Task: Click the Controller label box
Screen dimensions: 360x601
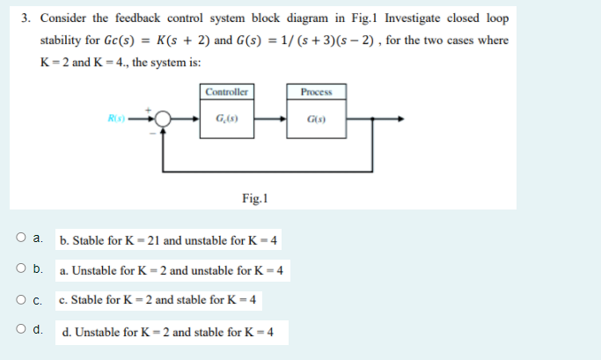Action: click(226, 92)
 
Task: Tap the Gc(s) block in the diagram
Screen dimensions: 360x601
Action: click(226, 119)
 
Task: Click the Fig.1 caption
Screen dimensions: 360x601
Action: click(254, 198)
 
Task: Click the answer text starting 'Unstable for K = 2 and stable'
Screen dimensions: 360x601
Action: click(167, 333)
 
